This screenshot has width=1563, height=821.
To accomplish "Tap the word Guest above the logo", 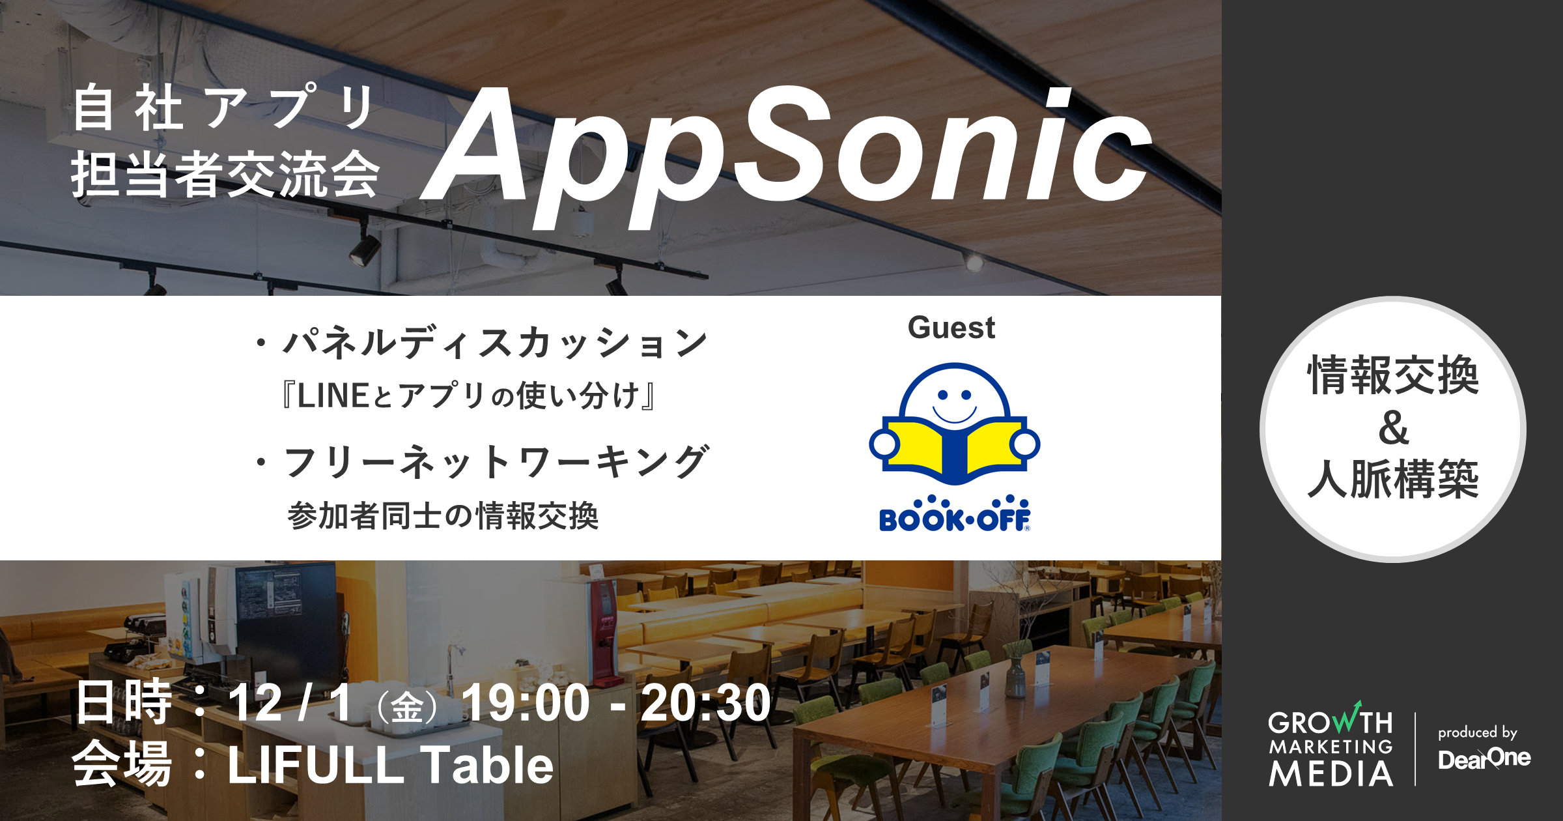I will (x=951, y=328).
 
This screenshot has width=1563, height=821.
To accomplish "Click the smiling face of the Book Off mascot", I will (x=954, y=401).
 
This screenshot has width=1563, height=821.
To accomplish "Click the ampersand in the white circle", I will (x=1393, y=428).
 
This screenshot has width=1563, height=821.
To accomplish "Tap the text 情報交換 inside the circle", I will (x=1393, y=376).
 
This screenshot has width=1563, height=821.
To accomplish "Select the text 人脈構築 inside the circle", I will (x=1393, y=479).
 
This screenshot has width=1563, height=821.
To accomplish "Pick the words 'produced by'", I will (x=1477, y=732).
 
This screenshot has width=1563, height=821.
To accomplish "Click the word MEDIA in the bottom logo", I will (x=1331, y=773).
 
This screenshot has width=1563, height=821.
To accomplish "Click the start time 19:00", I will (x=525, y=704).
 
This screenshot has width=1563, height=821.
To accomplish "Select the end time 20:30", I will (x=705, y=704).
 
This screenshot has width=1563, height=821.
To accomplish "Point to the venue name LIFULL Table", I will (x=390, y=765).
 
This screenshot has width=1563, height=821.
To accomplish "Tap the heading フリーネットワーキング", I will (x=496, y=463).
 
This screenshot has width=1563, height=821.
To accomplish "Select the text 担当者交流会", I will (x=225, y=175).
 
